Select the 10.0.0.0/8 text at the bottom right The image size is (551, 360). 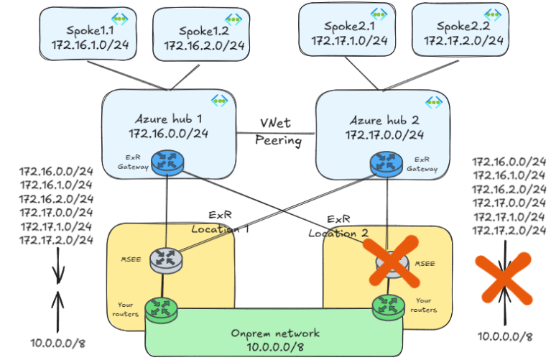point(506,336)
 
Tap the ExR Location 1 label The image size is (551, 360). point(218,222)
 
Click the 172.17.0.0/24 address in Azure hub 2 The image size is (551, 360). point(384,134)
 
